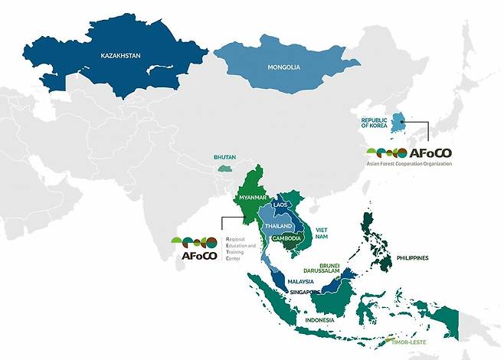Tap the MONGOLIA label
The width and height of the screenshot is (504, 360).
coord(283,67)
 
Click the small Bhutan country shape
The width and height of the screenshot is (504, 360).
coord(224,166)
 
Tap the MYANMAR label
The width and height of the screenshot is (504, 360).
coord(252,198)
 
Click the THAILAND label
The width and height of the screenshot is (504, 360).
coord(278,227)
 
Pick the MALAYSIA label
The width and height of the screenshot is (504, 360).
coord(302,282)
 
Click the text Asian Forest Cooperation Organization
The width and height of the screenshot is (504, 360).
coord(411,163)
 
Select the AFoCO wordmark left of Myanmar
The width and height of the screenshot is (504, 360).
coord(197,256)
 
